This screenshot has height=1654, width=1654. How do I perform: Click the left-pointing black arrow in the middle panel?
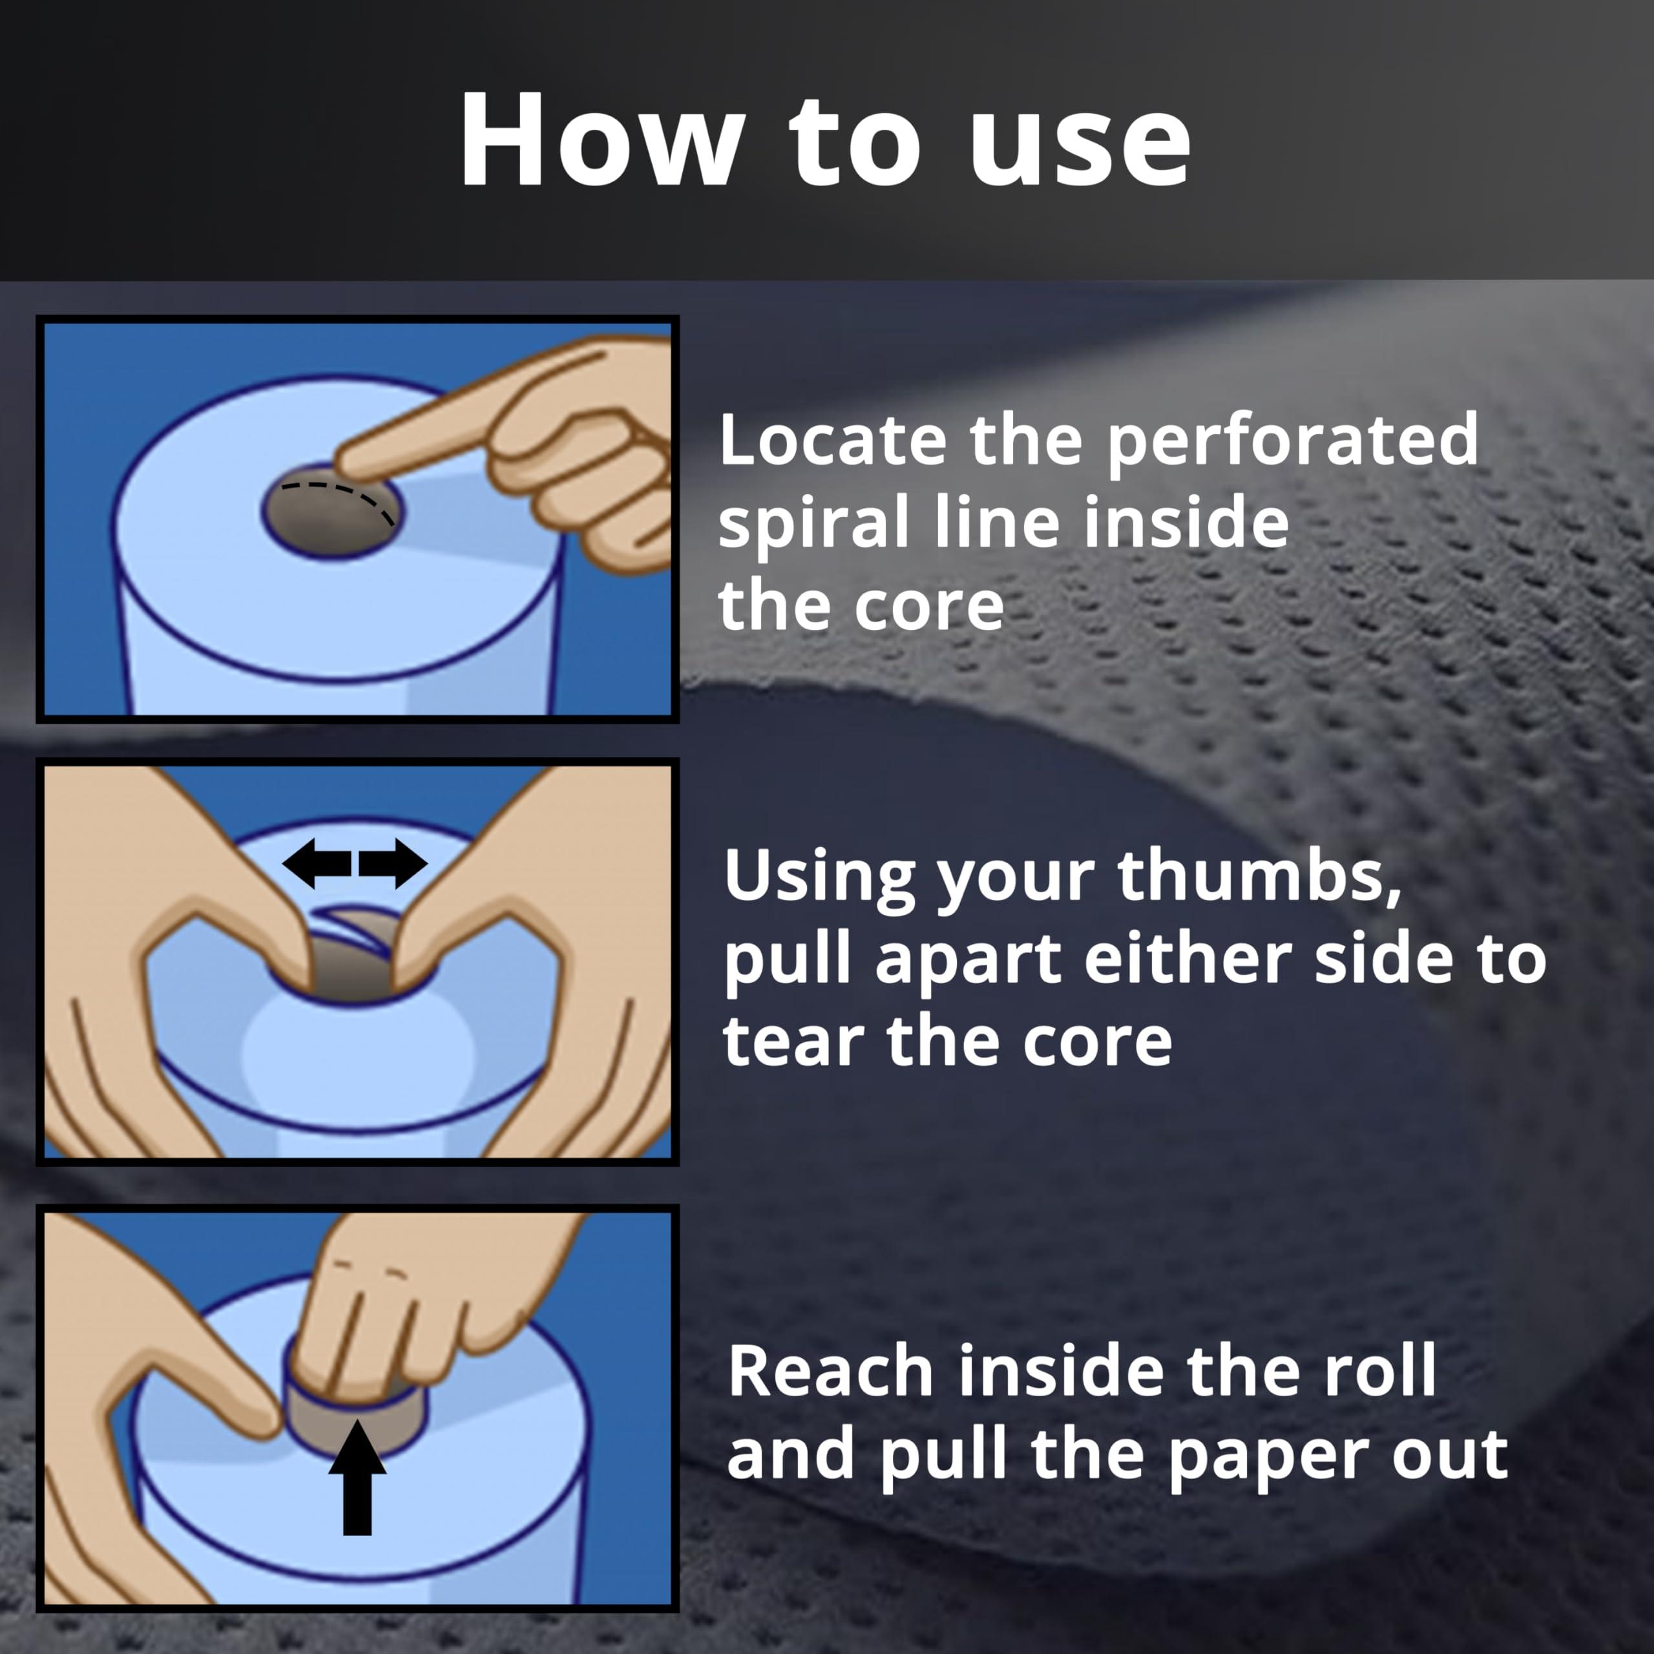(x=316, y=863)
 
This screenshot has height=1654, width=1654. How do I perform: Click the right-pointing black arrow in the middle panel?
(x=393, y=863)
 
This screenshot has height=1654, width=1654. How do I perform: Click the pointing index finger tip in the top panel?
(x=342, y=463)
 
